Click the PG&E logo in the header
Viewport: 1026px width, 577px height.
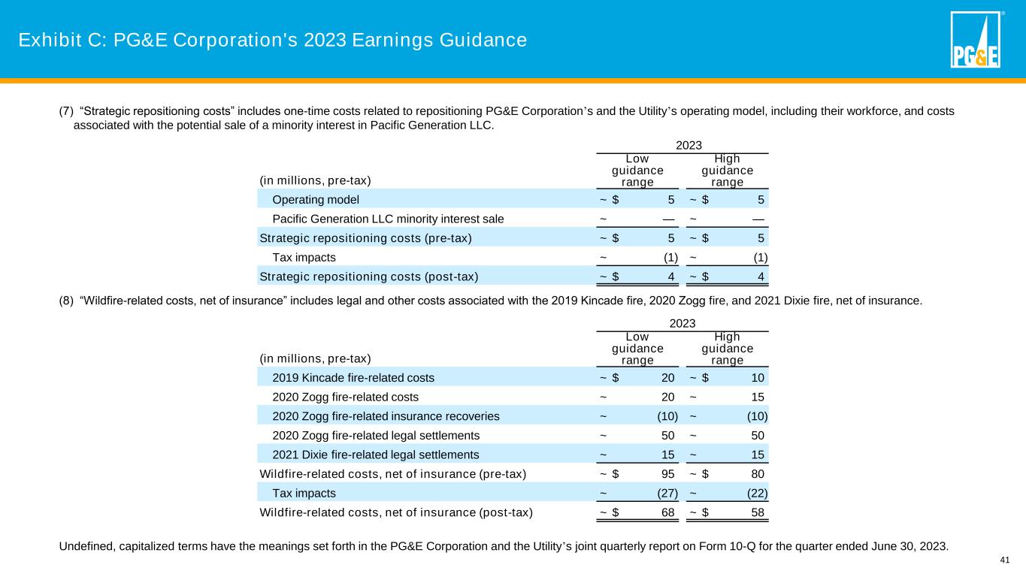(x=976, y=41)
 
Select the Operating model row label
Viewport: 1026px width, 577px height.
(x=316, y=200)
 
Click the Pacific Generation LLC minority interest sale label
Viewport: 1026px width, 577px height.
(x=388, y=219)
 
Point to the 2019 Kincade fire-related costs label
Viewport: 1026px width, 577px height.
(x=353, y=377)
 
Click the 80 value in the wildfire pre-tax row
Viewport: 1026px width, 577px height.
(x=758, y=474)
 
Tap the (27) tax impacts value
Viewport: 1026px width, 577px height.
(x=666, y=494)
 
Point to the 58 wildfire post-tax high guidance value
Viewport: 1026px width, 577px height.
(x=758, y=513)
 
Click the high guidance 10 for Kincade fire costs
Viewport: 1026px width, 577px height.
(x=758, y=377)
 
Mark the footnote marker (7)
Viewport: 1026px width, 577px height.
(x=66, y=112)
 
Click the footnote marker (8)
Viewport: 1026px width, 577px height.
(x=66, y=301)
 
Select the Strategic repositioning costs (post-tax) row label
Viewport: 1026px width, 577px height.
(x=368, y=276)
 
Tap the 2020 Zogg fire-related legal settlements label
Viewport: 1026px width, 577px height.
(x=376, y=436)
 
